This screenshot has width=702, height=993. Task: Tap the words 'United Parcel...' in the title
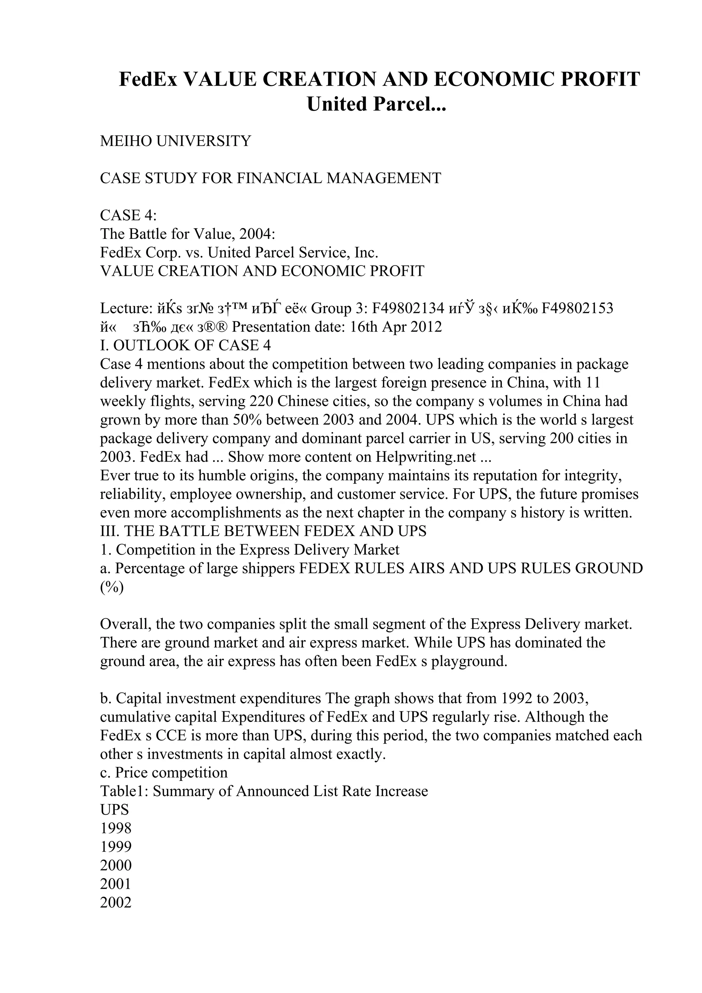[x=376, y=104]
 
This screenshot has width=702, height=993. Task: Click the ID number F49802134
[x=408, y=308]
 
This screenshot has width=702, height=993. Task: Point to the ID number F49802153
[x=578, y=308]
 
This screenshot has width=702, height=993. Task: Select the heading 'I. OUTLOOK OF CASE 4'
[x=185, y=345]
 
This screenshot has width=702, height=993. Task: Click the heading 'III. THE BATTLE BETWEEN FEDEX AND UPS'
[x=263, y=531]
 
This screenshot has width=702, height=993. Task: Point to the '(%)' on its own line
[x=112, y=587]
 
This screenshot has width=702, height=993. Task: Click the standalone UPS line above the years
[x=114, y=810]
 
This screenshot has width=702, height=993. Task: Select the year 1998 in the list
[x=116, y=829]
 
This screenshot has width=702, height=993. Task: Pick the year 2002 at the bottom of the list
[x=116, y=903]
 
